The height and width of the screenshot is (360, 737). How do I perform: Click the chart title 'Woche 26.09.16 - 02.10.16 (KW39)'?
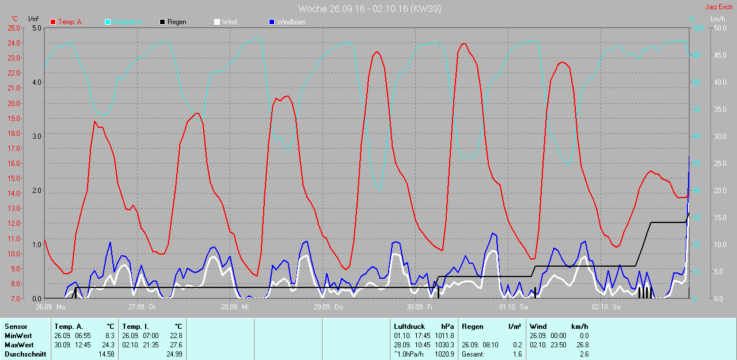tap(370, 9)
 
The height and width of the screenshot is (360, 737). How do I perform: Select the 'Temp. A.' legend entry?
tap(71, 22)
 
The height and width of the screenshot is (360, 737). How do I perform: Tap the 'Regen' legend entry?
tap(177, 22)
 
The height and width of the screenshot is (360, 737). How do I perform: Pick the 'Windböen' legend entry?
tap(291, 22)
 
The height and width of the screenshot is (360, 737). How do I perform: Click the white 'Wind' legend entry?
tap(229, 22)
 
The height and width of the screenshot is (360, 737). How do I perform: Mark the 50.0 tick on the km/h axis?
tap(719, 28)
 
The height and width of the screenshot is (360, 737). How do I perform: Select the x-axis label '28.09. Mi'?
tap(234, 307)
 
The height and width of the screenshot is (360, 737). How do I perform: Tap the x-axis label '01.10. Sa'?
tap(514, 307)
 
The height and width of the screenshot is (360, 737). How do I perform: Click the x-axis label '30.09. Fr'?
tap(420, 307)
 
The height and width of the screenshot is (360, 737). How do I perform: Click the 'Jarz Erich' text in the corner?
tap(719, 7)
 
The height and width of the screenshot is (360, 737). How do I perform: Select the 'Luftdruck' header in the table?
tap(409, 327)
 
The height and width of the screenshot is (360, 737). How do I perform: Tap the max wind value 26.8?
tap(583, 345)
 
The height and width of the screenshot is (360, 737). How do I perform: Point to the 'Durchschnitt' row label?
tap(25, 354)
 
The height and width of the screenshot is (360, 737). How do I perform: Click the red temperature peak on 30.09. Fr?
tap(464, 44)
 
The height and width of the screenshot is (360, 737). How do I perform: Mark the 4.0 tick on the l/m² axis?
tap(37, 82)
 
